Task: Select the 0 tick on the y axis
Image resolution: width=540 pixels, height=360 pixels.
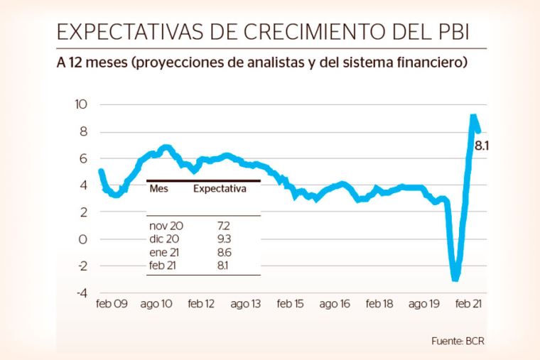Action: (x=82, y=239)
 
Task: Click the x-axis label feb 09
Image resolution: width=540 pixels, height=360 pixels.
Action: (x=112, y=304)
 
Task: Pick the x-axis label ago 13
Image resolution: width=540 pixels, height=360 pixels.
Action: (x=245, y=304)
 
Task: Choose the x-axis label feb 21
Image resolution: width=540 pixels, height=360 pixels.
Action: (x=468, y=304)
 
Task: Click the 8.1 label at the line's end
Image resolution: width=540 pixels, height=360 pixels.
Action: (x=483, y=146)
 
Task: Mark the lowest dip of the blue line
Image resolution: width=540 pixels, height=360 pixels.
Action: (x=455, y=278)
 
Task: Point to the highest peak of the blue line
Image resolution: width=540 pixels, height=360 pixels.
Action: (x=473, y=116)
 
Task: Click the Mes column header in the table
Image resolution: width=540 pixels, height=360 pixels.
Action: (x=158, y=190)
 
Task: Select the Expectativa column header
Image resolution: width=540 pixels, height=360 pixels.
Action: (x=220, y=190)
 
